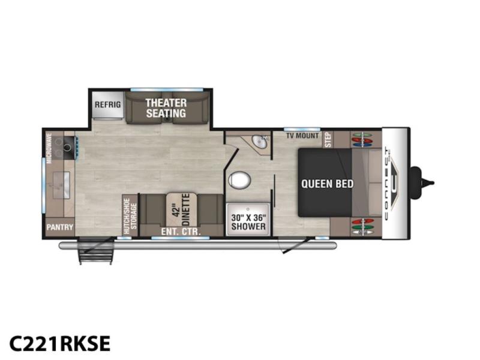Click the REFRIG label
[x=107, y=104]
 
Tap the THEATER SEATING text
[x=166, y=108]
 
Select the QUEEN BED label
[x=327, y=184]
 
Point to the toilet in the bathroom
[x=239, y=179]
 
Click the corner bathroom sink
[x=260, y=142]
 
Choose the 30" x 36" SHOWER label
[x=248, y=222]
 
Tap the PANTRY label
[x=59, y=227]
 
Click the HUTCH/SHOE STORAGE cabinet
[x=130, y=215]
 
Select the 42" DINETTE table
[x=182, y=209]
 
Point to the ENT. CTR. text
[x=181, y=232]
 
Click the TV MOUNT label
[x=302, y=136]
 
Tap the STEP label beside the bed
[x=328, y=140]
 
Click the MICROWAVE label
[x=49, y=145]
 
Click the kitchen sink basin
[x=62, y=185]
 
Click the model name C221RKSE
[x=59, y=343]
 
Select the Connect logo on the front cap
[x=391, y=184]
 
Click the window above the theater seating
[x=167, y=89]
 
